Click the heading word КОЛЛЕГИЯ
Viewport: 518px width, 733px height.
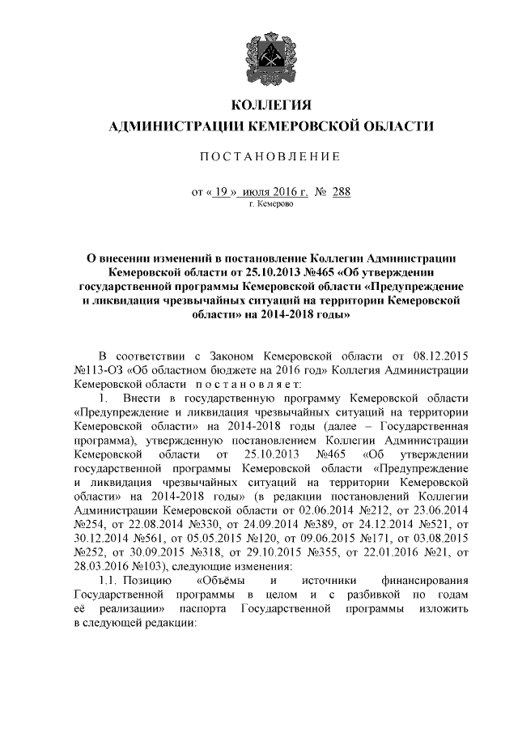pos(271,104)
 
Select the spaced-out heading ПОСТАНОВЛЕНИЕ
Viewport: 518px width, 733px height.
pos(271,156)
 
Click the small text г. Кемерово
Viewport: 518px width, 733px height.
pos(271,206)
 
